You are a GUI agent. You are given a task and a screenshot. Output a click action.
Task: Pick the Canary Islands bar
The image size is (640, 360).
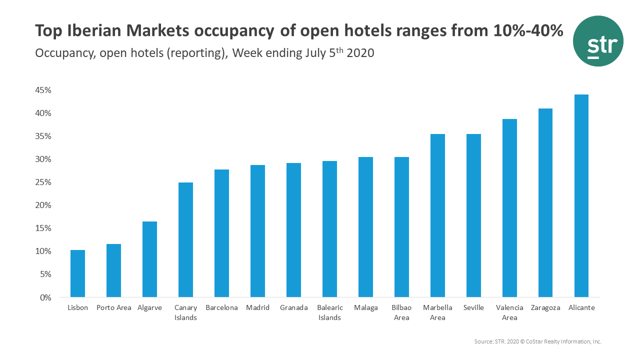pyautogui.click(x=185, y=239)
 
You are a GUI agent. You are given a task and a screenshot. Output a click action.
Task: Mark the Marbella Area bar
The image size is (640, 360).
pyautogui.click(x=437, y=215)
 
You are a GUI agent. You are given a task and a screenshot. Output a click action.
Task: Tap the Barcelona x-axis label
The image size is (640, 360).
pyautogui.click(x=221, y=308)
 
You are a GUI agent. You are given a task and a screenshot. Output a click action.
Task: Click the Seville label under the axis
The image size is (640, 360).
pyautogui.click(x=473, y=308)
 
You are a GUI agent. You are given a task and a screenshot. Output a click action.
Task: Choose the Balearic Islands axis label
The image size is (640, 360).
pyautogui.click(x=329, y=312)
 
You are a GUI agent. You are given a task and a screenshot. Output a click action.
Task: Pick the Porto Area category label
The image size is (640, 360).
pyautogui.click(x=114, y=308)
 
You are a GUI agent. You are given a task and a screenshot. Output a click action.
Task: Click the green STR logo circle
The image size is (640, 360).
pyautogui.click(x=598, y=41)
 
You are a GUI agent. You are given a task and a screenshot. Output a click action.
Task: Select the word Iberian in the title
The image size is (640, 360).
pyautogui.click(x=96, y=31)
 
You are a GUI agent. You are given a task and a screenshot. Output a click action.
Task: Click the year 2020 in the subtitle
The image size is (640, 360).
pyautogui.click(x=360, y=53)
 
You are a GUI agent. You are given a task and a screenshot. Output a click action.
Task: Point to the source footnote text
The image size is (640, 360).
pyautogui.click(x=537, y=341)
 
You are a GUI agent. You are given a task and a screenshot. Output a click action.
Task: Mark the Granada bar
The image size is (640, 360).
pyautogui.click(x=293, y=230)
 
